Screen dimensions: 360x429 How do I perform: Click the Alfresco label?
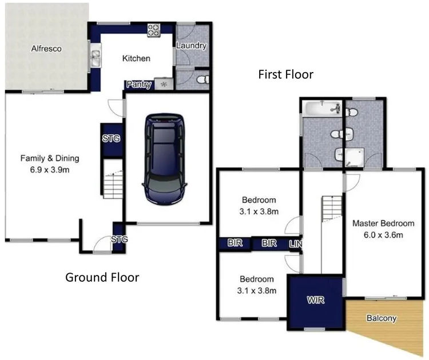pos(46,49)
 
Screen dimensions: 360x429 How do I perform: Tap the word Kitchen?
pos(137,58)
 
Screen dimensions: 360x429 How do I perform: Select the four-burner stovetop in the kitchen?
pos(154,30)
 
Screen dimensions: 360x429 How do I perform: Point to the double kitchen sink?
pos(95,57)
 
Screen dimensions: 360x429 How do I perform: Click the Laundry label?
pos(191,46)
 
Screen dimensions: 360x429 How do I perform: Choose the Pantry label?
pos(139,85)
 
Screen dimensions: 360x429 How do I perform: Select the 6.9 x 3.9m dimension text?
pos(50,170)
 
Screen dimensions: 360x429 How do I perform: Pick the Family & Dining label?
pos(50,158)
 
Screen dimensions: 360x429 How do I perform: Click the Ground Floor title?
pos(102,278)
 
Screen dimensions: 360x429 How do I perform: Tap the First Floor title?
pos(285,74)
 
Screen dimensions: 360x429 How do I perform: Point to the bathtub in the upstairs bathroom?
pos(322,108)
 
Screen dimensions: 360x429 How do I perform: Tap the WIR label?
pos(316,300)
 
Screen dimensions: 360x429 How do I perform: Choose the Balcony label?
pos(381,318)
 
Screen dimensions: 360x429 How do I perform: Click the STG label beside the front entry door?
pos(118,239)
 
